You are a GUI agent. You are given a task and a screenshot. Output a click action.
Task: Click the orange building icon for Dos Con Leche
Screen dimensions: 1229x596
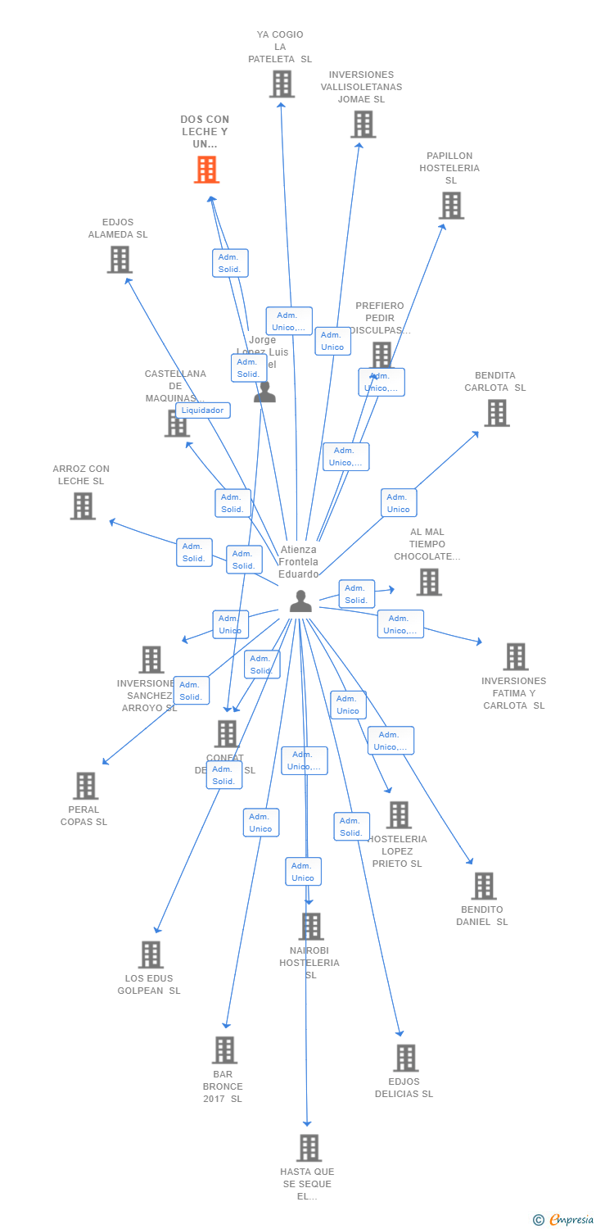[206, 170]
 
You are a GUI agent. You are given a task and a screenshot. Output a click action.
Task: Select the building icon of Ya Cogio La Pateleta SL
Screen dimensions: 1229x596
[282, 84]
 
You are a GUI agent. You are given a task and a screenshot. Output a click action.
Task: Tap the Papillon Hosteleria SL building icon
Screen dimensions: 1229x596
[451, 206]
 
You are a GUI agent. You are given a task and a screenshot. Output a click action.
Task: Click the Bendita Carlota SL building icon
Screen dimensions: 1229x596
[497, 413]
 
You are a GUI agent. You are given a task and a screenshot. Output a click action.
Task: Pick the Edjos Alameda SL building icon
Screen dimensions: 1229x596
[120, 260]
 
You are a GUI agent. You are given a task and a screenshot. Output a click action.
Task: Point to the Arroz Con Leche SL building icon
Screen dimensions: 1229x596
[83, 506]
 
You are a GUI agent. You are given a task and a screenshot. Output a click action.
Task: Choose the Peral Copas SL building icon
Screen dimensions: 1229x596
[85, 786]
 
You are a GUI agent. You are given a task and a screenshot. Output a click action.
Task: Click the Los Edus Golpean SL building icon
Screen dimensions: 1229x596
[151, 955]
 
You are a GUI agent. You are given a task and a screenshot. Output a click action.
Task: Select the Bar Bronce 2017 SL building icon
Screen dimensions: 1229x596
[224, 1050]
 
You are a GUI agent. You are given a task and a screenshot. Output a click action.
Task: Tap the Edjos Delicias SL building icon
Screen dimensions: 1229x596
[405, 1058]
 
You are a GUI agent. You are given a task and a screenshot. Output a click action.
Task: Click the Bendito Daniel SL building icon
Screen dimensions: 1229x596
[484, 886]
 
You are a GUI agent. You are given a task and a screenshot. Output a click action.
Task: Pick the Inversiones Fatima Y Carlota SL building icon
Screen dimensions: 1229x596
[516, 656]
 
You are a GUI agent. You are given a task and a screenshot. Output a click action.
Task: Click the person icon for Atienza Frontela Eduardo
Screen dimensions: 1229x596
[300, 601]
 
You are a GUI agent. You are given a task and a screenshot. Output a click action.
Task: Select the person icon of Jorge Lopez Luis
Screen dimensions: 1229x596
[264, 392]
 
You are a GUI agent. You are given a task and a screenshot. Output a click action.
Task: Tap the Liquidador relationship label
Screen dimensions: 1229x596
[202, 410]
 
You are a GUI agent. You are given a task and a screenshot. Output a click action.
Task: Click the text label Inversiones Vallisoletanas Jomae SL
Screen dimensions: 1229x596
[361, 87]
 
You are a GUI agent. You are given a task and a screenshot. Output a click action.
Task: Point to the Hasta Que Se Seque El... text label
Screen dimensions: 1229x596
[307, 1184]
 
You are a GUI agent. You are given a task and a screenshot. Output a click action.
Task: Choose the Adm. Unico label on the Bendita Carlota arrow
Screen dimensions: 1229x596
[398, 503]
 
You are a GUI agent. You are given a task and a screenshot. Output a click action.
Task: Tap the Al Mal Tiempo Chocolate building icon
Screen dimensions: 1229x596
[429, 582]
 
